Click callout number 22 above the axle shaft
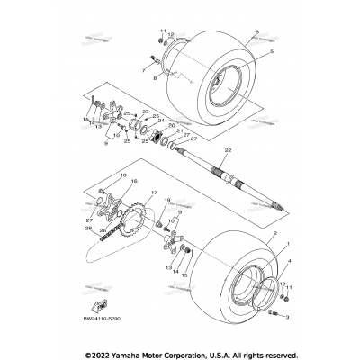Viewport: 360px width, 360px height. point(203,149)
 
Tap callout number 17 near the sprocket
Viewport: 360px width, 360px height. point(155,193)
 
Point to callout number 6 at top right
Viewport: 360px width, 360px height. point(256,32)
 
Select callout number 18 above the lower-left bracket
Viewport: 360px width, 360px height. point(141,69)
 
